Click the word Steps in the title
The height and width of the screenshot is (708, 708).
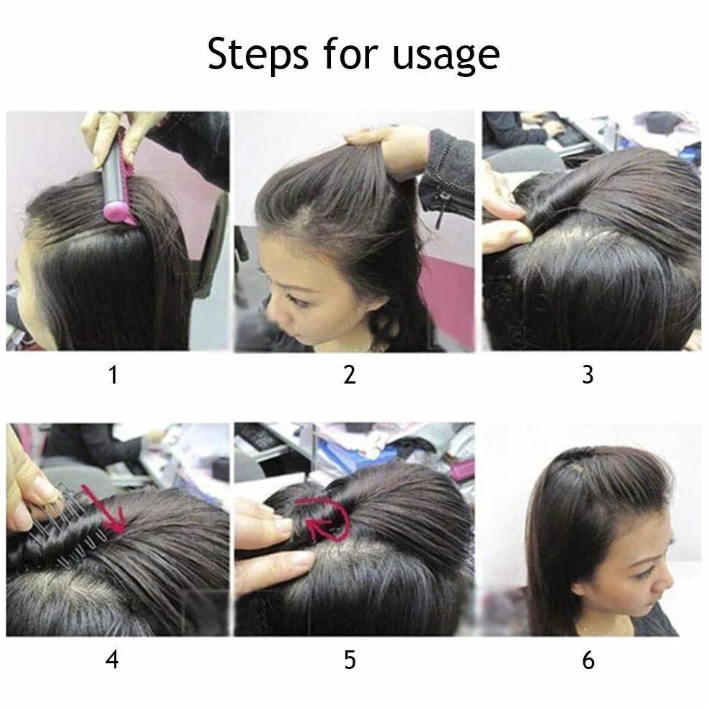point(258,55)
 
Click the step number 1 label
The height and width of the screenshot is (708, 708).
point(113,375)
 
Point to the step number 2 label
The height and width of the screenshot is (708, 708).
point(350,375)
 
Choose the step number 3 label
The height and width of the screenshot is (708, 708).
point(588,375)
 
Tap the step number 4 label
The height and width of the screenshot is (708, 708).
point(112,660)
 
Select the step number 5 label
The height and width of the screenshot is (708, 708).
point(350,660)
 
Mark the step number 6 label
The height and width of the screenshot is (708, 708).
point(588,660)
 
